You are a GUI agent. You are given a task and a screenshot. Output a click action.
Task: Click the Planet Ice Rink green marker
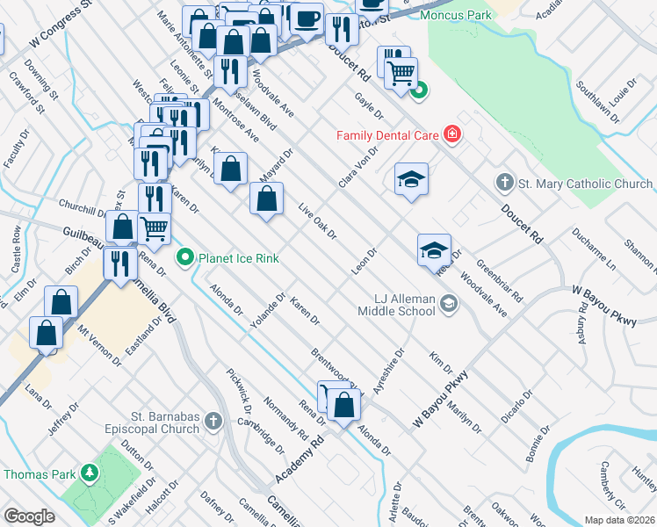(184, 257)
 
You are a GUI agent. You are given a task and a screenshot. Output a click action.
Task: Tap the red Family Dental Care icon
(451, 134)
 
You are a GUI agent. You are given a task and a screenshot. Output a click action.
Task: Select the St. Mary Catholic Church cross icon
(504, 184)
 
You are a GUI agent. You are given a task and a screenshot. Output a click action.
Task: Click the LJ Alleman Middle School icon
(449, 304)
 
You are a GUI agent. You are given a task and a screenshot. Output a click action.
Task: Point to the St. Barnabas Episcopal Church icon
(212, 422)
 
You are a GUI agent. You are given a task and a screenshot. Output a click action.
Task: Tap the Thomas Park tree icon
(89, 473)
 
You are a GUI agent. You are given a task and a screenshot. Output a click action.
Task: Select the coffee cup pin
(307, 18)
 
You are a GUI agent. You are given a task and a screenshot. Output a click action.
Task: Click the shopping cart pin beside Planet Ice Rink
(155, 228)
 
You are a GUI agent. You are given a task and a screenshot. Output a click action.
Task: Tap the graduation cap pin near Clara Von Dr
(411, 180)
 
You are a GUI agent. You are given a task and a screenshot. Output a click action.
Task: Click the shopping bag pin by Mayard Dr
(266, 199)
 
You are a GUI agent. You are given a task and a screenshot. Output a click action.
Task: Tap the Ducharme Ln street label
(594, 249)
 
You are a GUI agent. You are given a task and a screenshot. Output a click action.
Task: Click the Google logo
(29, 516)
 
